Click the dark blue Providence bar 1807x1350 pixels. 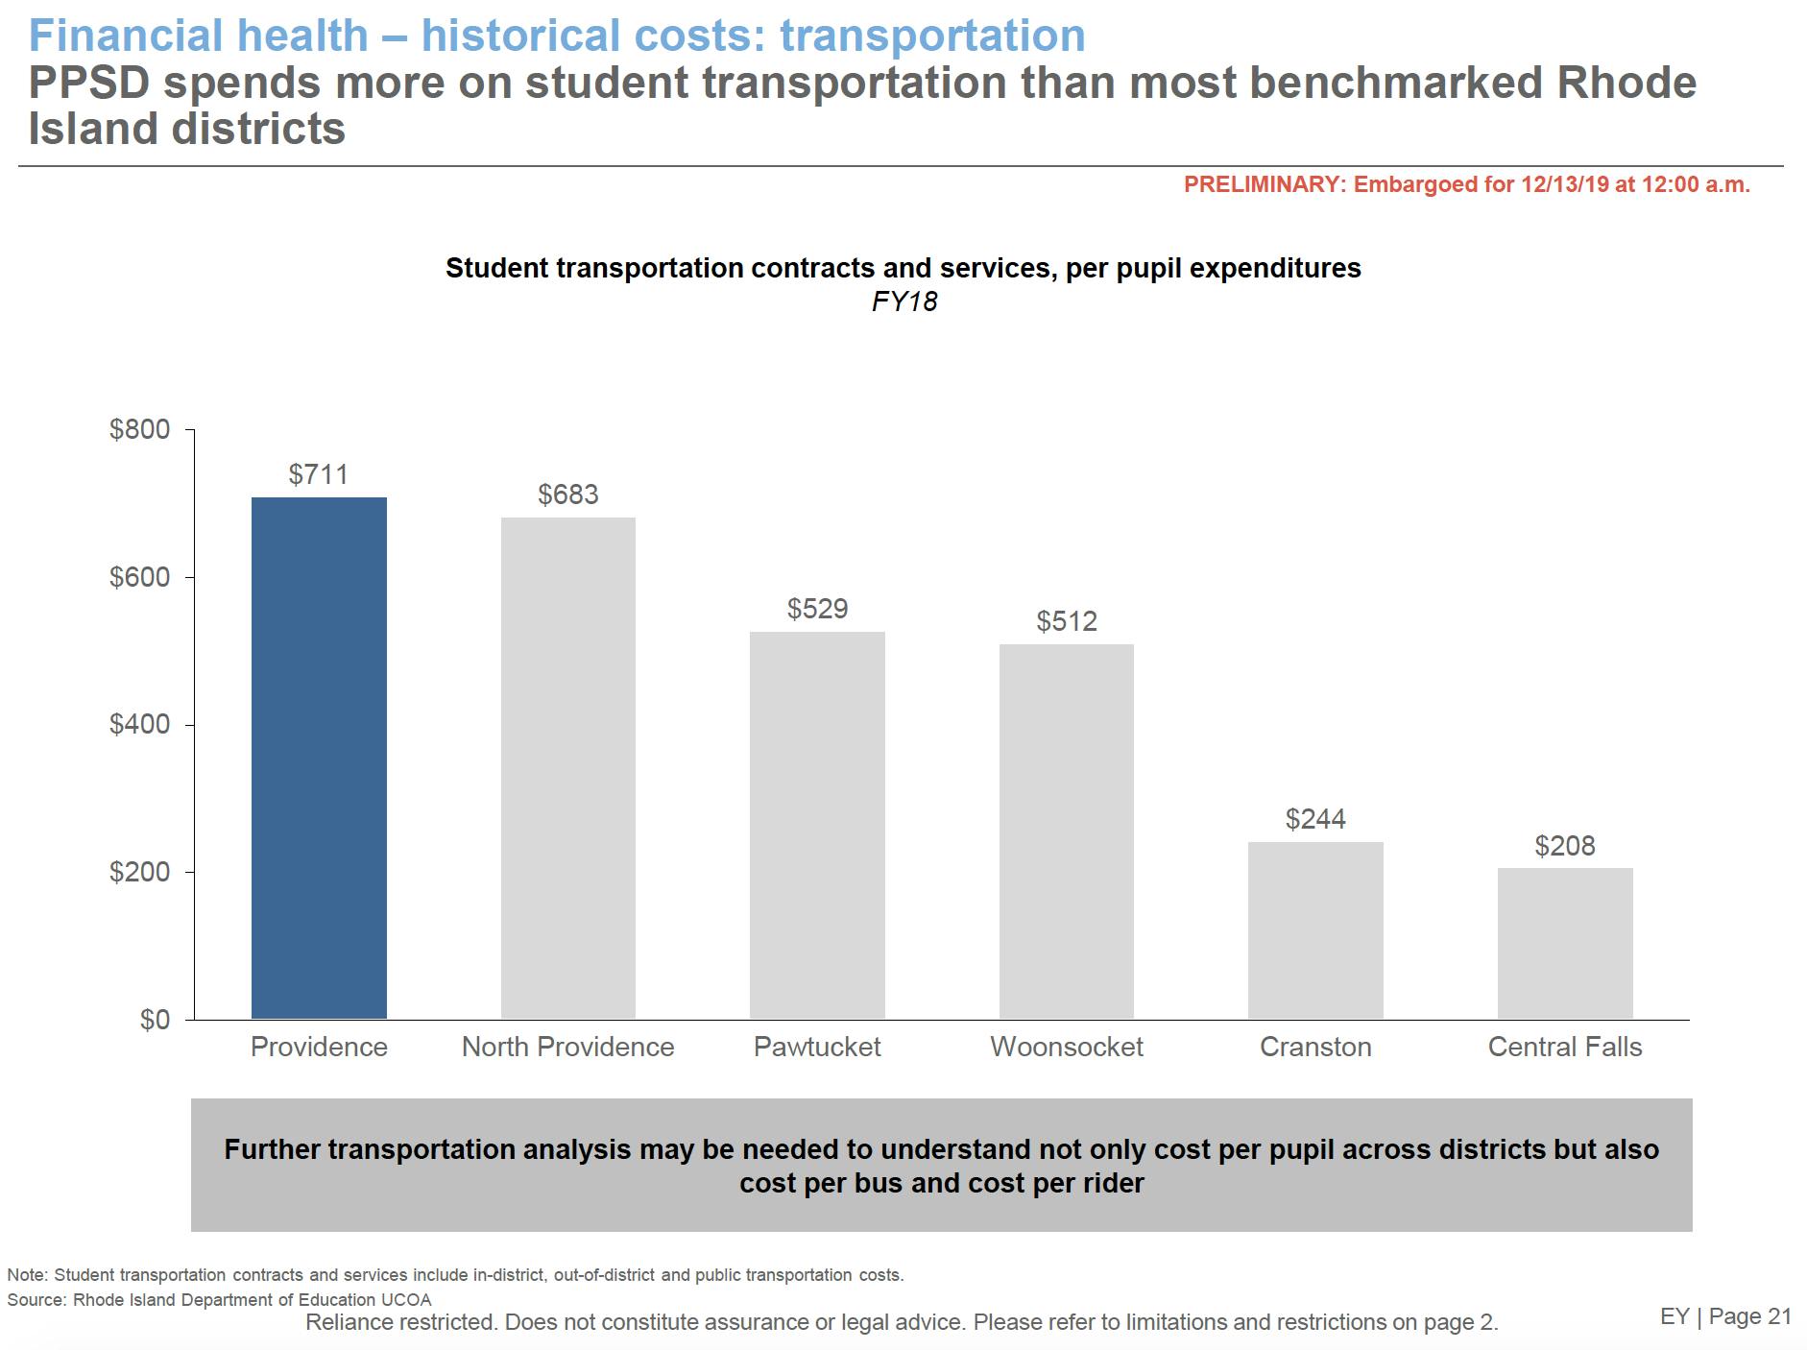pos(319,758)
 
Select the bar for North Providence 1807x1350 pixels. pos(567,768)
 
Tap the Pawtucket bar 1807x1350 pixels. pos(817,825)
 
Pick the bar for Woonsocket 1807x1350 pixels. pos(1066,832)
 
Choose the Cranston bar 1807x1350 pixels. pos(1315,930)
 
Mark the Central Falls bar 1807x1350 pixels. pos(1565,943)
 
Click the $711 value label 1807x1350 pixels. pos(319,474)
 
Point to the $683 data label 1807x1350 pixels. pos(567,494)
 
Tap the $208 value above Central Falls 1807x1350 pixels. pos(1565,846)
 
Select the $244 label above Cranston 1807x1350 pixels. pos(1315,819)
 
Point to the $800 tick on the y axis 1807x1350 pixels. pos(140,429)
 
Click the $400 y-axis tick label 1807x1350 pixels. pos(140,724)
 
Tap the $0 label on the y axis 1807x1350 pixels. pos(155,1020)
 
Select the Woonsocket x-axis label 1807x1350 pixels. pos(1066,1047)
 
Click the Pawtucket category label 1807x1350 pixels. pos(817,1047)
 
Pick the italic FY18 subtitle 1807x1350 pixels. pos(904,301)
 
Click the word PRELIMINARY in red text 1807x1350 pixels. pos(1262,184)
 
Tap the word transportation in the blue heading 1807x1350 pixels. pos(932,36)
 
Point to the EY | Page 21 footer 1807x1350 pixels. pos(1725,1316)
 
